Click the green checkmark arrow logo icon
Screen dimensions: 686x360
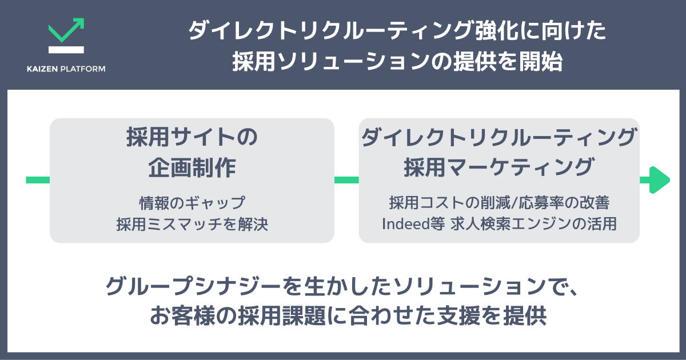click(66, 31)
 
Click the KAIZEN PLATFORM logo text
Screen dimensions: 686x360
click(66, 69)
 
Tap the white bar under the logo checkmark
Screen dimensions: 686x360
click(66, 50)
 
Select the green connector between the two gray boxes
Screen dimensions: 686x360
click(346, 180)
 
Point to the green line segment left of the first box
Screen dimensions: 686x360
click(38, 180)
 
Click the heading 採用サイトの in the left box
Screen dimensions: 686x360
click(192, 139)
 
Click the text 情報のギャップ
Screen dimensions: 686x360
click(192, 202)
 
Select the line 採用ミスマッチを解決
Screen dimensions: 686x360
click(192, 224)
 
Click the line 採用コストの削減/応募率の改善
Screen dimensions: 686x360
click(499, 202)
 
